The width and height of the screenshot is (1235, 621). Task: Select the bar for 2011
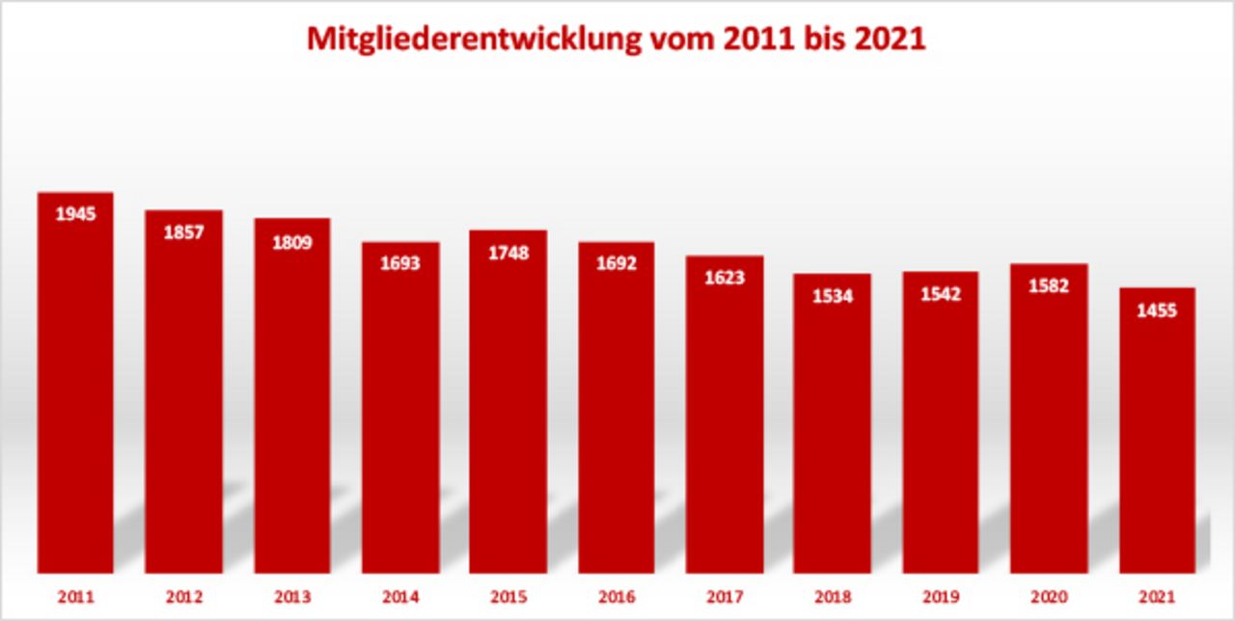(x=75, y=386)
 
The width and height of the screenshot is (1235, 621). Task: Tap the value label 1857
(x=183, y=232)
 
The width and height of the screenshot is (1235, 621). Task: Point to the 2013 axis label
(x=292, y=598)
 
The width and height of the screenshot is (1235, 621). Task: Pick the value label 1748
(x=508, y=254)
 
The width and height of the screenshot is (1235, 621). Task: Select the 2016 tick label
(x=617, y=598)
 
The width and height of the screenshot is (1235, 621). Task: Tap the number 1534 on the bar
(x=833, y=296)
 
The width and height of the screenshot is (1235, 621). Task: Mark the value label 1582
(x=1049, y=286)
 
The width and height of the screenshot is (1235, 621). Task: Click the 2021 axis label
(x=1157, y=598)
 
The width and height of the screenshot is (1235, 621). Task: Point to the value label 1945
(x=75, y=214)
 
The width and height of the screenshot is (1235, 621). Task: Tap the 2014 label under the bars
(x=400, y=598)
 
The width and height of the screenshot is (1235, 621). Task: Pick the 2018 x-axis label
(x=833, y=598)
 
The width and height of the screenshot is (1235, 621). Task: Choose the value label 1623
(x=725, y=278)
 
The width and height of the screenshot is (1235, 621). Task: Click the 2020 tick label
(x=1049, y=598)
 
